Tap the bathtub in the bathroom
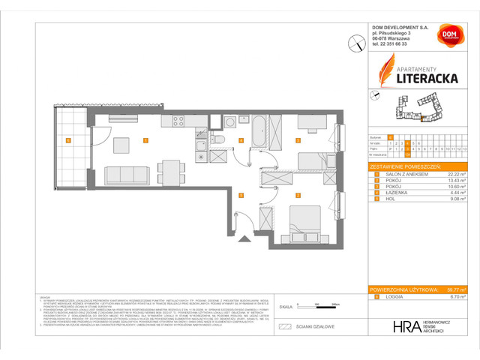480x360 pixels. [256, 133]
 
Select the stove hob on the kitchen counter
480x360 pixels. [179, 121]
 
